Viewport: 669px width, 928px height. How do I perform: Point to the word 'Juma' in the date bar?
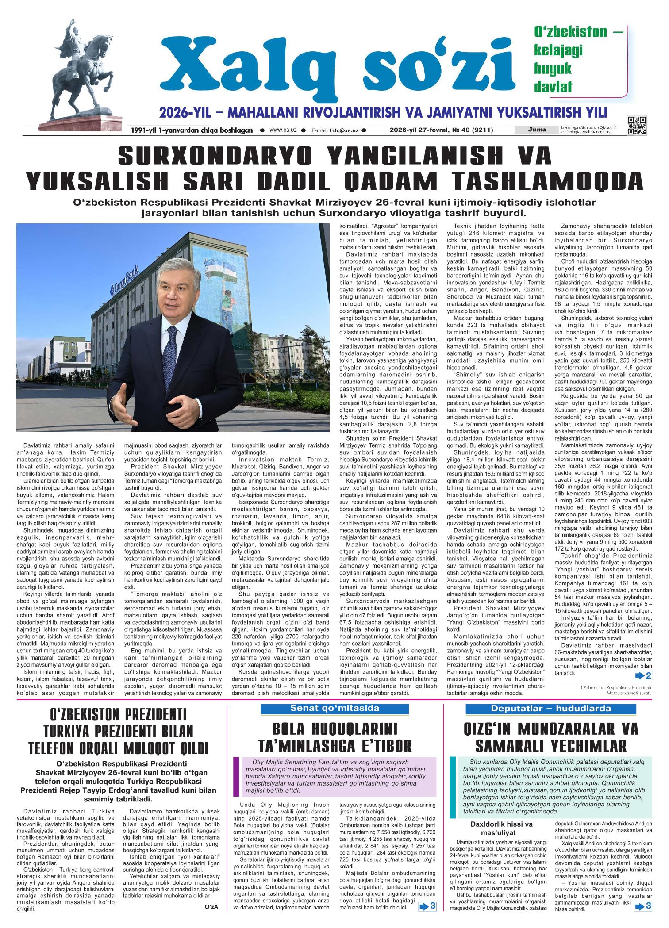pos(537,130)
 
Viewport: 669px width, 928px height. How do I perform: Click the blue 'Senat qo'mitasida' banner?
pos(334,708)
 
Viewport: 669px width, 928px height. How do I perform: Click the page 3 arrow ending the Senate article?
pos(427,918)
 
